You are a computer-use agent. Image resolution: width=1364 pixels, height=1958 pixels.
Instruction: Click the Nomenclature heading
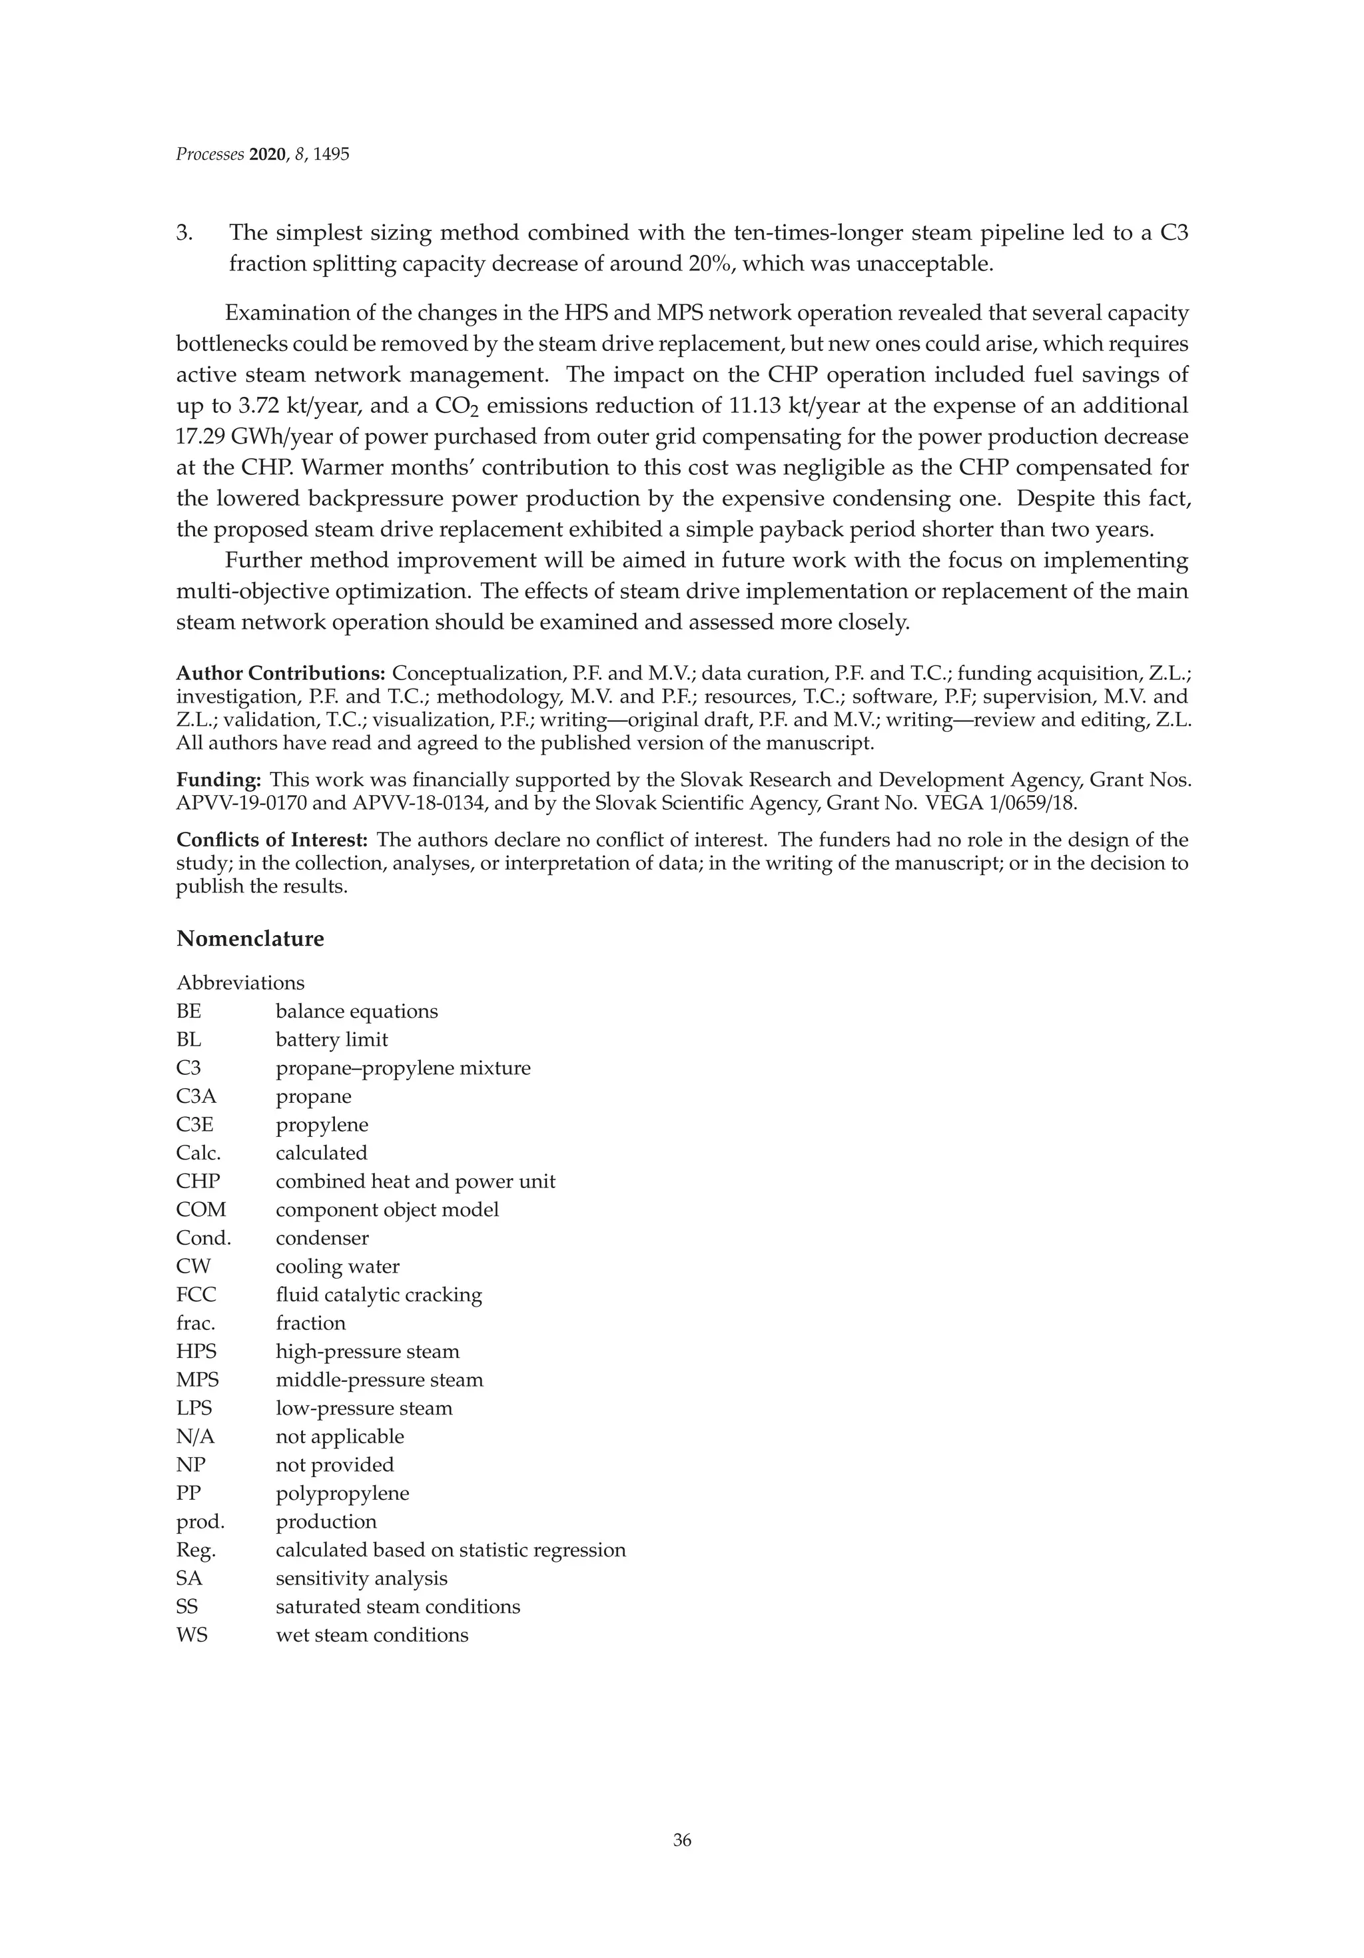click(x=250, y=939)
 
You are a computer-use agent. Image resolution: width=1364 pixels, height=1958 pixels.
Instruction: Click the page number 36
click(x=681, y=1840)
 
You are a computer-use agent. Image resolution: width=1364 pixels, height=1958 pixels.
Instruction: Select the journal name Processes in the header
click(x=210, y=155)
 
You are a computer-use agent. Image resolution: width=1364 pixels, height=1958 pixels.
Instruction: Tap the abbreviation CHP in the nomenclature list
click(x=198, y=1181)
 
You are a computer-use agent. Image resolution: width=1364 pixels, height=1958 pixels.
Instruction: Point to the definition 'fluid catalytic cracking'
click(x=379, y=1295)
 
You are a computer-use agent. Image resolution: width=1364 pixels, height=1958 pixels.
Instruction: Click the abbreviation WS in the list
click(x=192, y=1635)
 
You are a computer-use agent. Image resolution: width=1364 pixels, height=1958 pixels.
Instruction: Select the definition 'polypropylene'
click(x=342, y=1493)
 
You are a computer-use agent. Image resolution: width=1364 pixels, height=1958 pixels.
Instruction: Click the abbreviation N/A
click(x=195, y=1436)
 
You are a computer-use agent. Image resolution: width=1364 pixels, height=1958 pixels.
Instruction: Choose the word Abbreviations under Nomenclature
click(x=240, y=982)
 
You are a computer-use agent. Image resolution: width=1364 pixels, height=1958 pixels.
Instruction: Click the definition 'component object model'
click(x=387, y=1209)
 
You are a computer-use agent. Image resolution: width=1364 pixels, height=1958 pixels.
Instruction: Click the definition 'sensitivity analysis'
click(x=362, y=1578)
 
